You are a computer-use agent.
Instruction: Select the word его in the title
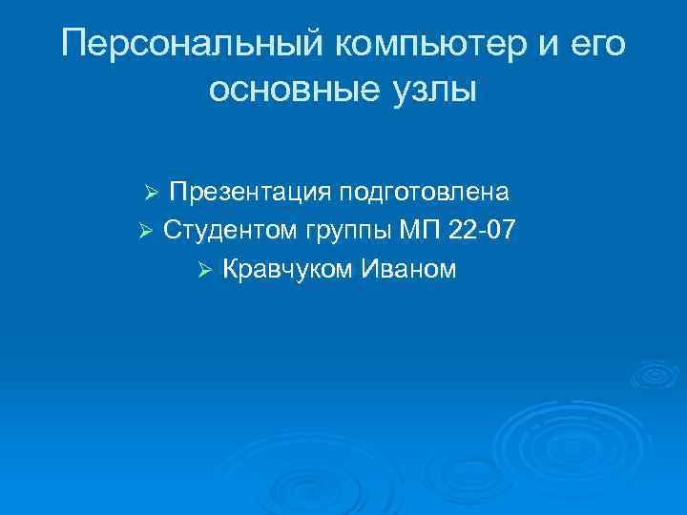click(x=599, y=45)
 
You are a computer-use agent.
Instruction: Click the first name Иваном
click(x=408, y=270)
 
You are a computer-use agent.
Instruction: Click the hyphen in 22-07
click(x=487, y=233)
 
